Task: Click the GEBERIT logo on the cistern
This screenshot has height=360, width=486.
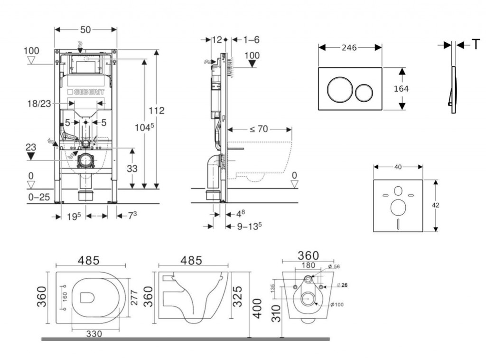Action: [86, 91]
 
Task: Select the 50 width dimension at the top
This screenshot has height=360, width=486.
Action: [85, 29]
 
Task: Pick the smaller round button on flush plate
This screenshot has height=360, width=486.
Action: [364, 91]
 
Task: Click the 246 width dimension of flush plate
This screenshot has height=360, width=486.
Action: [350, 47]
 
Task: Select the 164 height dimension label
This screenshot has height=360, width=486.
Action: [402, 88]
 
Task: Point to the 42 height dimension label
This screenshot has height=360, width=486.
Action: [436, 205]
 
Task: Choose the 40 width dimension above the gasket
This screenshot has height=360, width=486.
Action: [398, 167]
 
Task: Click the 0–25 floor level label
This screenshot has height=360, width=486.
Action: [38, 197]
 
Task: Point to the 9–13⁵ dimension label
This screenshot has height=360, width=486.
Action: [250, 227]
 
